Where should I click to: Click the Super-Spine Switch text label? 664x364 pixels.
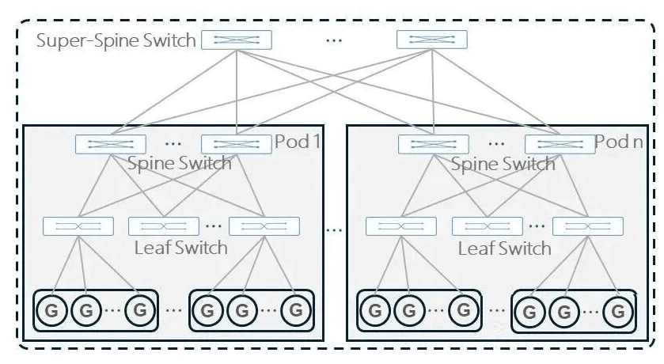point(116,40)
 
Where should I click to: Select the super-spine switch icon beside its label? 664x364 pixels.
point(236,40)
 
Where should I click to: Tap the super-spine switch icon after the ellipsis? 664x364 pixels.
point(431,40)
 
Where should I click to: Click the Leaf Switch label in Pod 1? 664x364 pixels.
point(180,247)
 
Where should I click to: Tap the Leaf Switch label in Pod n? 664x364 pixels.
point(504,248)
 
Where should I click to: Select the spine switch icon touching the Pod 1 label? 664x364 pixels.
point(236,144)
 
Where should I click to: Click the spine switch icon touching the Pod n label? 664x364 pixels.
point(560,144)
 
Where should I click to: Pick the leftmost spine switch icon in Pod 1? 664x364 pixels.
point(111,144)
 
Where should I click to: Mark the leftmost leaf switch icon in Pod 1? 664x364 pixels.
point(78,226)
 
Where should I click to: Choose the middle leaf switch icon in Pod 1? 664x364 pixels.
point(163,226)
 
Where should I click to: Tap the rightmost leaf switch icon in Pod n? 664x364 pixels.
point(587,226)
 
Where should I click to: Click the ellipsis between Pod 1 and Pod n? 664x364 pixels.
point(335,230)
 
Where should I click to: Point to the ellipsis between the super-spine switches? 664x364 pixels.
point(334,40)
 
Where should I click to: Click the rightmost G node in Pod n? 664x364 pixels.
point(614,310)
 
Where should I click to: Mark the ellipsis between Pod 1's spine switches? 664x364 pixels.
point(174,143)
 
